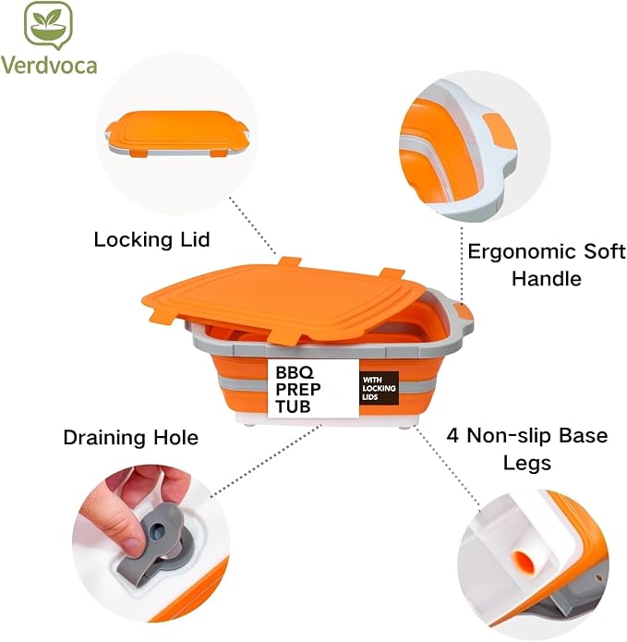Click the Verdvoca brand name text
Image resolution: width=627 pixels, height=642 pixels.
[49, 66]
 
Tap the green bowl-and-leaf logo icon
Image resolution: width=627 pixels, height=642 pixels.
[48, 25]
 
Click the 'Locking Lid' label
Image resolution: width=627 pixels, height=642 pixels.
[151, 240]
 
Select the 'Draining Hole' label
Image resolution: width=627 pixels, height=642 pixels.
[131, 437]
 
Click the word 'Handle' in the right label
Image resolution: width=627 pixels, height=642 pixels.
[547, 279]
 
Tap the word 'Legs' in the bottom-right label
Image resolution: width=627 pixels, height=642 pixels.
[526, 464]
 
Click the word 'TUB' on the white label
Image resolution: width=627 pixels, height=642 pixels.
[293, 406]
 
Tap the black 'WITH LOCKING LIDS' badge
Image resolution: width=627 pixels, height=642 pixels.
[379, 388]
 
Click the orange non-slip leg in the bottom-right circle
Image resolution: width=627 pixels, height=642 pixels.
[523, 560]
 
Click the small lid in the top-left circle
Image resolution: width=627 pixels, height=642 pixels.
[176, 133]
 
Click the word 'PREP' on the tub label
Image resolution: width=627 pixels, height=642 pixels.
[298, 390]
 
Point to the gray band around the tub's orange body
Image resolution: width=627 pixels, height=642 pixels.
[246, 385]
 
